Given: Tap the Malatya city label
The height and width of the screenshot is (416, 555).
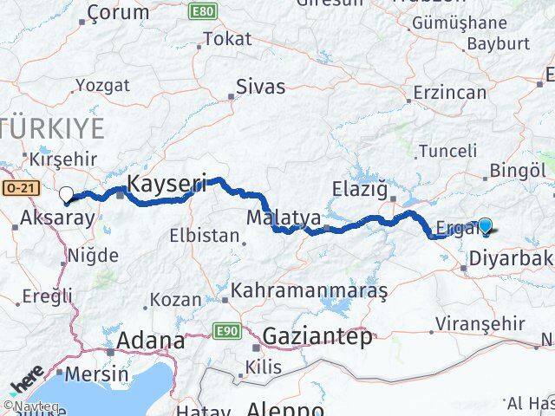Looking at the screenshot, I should click(x=271, y=216).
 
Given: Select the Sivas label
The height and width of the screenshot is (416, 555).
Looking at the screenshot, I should click(x=261, y=88).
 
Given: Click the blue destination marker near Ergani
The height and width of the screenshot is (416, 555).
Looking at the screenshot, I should click(x=485, y=227).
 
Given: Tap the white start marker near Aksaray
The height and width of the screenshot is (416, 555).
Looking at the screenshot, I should click(x=66, y=194).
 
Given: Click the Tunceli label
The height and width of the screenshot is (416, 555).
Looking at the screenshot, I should click(x=447, y=151).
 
